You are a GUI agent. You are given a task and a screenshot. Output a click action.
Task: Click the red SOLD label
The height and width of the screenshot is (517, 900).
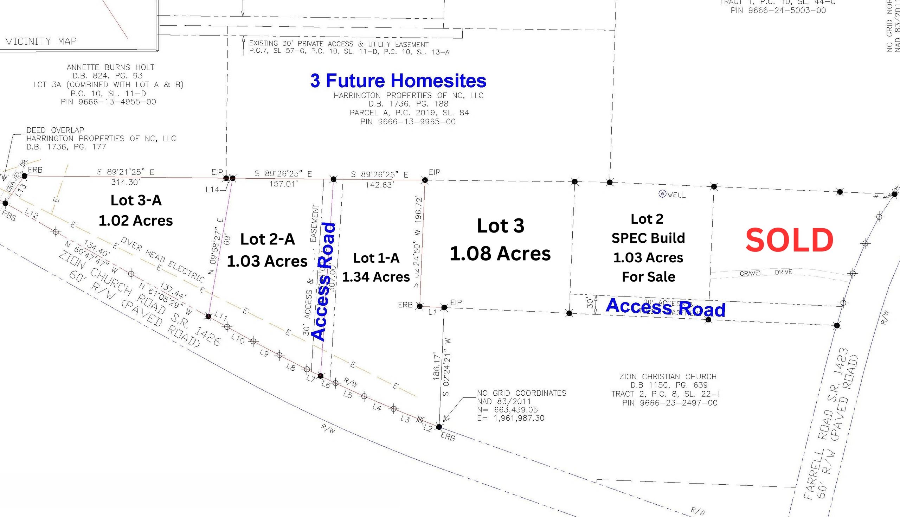pos(789,241)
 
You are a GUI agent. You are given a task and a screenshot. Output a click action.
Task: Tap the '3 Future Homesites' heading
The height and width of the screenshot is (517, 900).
pos(398,81)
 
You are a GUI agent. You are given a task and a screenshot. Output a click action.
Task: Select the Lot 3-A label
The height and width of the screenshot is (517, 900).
pos(136,200)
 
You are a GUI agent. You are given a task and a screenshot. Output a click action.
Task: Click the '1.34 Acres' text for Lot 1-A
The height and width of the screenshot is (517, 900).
pos(376,277)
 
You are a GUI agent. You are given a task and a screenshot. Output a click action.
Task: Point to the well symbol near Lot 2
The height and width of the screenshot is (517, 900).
pos(662,194)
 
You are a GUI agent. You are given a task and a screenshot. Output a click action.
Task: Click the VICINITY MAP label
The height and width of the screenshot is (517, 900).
pos(41,41)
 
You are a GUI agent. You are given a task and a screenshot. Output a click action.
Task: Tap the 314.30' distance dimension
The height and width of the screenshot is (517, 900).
pos(126,182)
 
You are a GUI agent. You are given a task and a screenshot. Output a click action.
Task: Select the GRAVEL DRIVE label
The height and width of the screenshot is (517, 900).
pos(766,273)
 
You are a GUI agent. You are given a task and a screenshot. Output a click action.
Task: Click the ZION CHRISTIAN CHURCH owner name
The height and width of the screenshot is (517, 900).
pos(668,376)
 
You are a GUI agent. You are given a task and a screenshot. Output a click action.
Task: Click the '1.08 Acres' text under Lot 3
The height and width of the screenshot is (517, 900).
pos(500,254)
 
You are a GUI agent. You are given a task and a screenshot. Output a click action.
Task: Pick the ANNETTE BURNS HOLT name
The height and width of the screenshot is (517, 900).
pos(110,67)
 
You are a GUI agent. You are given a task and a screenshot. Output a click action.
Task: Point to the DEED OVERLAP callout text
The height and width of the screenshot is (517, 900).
pos(55,130)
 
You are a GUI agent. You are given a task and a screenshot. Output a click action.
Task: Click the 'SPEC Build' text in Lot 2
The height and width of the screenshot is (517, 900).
pos(648,238)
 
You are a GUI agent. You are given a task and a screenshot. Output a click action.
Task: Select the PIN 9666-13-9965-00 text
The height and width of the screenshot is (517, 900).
pos(408,122)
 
